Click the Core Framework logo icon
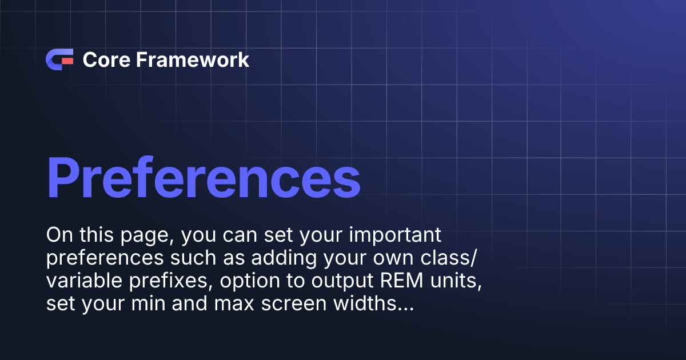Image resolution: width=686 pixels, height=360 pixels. [x=59, y=59]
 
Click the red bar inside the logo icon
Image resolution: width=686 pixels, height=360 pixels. [x=67, y=59]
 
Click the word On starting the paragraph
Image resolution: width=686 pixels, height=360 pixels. [x=58, y=235]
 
